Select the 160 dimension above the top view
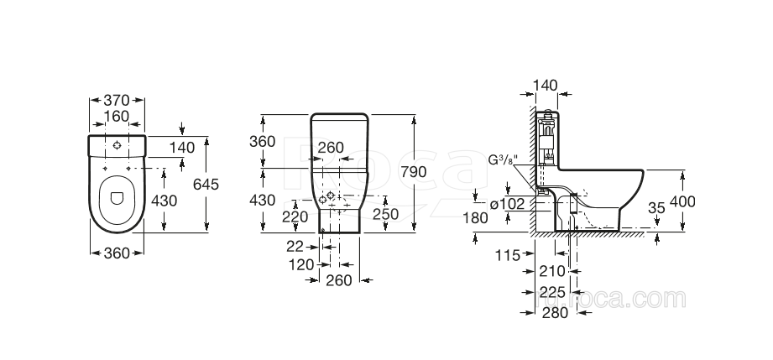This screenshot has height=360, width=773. (117, 117)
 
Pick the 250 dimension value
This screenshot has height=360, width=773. (384, 214)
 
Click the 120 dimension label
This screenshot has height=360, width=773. (300, 264)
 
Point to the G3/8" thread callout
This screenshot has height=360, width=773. (504, 159)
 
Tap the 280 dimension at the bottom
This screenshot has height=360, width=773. (555, 312)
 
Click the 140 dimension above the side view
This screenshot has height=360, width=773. (546, 85)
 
